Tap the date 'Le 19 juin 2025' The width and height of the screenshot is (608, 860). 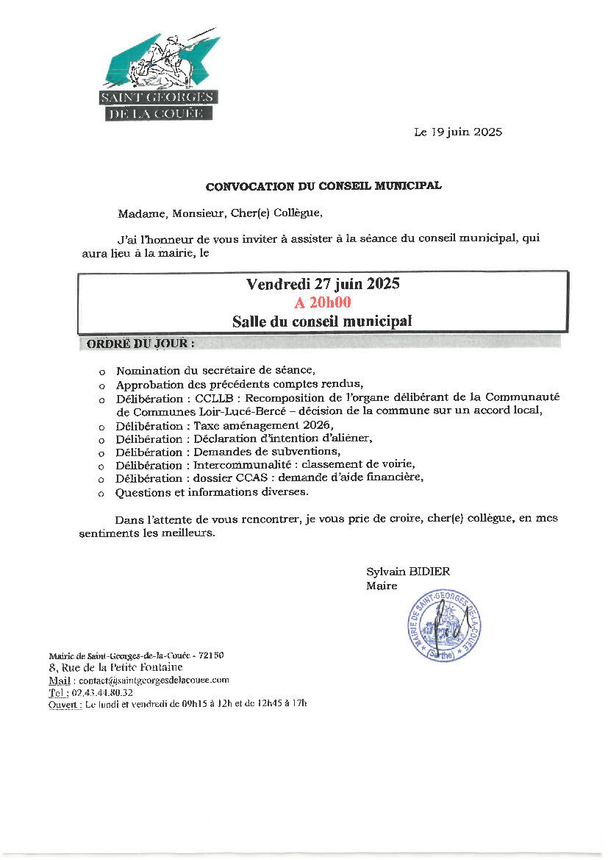(x=457, y=132)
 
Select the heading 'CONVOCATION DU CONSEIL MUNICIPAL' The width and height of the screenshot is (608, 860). (x=323, y=187)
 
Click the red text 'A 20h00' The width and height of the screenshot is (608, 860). (x=323, y=302)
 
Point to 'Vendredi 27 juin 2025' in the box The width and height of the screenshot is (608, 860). (x=323, y=284)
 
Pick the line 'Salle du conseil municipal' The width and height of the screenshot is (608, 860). (x=322, y=321)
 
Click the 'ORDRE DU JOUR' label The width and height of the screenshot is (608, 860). (x=141, y=343)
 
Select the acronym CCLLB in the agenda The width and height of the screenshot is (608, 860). (x=212, y=398)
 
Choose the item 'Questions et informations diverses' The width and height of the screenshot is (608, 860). (x=212, y=491)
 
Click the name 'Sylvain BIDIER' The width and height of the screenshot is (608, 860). (x=408, y=572)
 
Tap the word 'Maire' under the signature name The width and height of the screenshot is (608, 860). (x=382, y=586)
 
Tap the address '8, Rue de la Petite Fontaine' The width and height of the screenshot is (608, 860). (x=115, y=667)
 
